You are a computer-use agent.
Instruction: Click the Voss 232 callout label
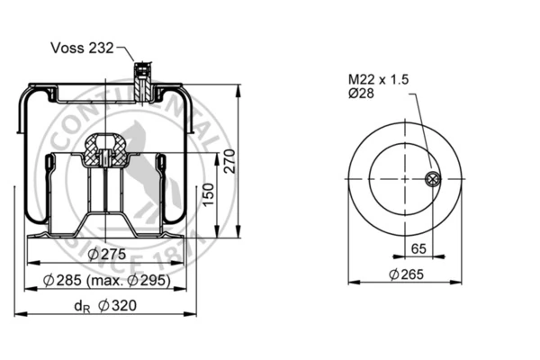[x=82, y=48]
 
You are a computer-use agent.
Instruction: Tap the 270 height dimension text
[x=229, y=161]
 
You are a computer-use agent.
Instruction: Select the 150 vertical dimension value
[x=208, y=194]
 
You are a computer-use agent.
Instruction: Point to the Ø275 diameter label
[x=107, y=254]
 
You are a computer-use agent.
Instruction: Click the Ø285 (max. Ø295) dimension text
[x=107, y=281]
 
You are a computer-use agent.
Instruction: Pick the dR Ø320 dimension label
[x=105, y=306]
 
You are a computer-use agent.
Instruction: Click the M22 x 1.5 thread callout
[x=379, y=79]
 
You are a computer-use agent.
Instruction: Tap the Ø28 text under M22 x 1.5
[x=361, y=93]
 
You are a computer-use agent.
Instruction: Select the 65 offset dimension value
[x=418, y=248]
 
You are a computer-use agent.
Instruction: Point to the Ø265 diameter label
[x=406, y=274]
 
